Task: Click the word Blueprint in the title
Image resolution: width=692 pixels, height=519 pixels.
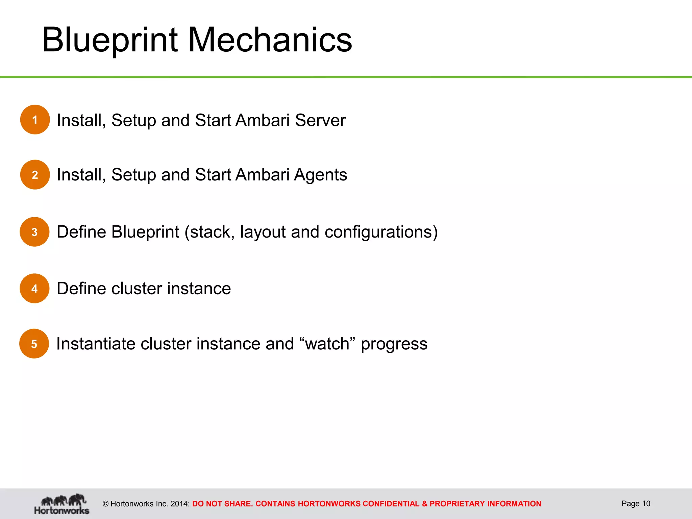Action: [110, 41]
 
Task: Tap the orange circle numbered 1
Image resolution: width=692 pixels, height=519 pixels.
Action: [35, 120]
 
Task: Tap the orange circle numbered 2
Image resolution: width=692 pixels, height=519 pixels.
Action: [35, 175]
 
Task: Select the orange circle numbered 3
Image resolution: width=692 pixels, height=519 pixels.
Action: [34, 232]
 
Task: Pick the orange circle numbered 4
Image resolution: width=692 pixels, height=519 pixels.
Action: [34, 288]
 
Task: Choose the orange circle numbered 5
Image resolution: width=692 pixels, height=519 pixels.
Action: [34, 344]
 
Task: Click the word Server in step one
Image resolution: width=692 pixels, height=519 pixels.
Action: [320, 120]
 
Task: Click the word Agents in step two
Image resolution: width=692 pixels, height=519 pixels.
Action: [320, 175]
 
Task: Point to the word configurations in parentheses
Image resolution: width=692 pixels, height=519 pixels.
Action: [378, 232]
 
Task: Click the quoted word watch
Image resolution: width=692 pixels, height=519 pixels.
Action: [327, 344]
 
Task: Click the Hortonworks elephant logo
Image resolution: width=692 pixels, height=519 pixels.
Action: [62, 504]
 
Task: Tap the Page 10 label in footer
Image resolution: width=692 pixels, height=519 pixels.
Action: [636, 503]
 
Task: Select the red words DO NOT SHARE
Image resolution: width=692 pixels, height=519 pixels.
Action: [222, 504]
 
